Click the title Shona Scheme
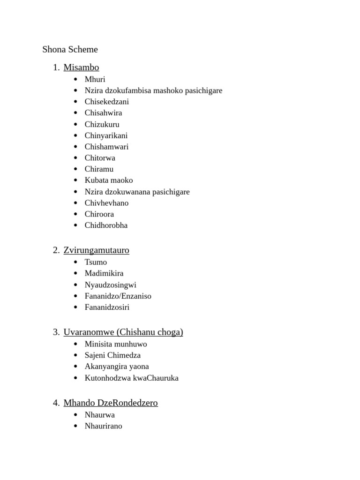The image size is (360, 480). pos(70,49)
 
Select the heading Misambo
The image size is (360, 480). pos(81,67)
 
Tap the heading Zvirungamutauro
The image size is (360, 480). pos(96,250)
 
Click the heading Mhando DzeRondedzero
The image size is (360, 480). pos(111,403)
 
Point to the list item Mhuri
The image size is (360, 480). pos(95,79)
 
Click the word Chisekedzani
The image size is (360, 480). pos(106,102)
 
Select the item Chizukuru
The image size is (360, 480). pos(102,124)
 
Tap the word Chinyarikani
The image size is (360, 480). pos(106,135)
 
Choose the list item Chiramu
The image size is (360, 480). pos(99,169)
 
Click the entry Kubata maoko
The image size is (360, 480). pos(109,180)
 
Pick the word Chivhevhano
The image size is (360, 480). pos(106,203)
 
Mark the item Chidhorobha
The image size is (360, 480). pos(106,225)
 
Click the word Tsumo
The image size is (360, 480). pos(96,262)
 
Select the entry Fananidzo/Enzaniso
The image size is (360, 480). pos(118,296)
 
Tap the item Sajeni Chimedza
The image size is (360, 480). pos(112,355)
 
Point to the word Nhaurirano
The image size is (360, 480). pos(103,426)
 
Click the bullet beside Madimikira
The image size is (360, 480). pos(75,273)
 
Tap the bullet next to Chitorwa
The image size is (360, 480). pos(75,158)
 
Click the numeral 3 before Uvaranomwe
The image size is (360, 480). pos(56,332)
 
